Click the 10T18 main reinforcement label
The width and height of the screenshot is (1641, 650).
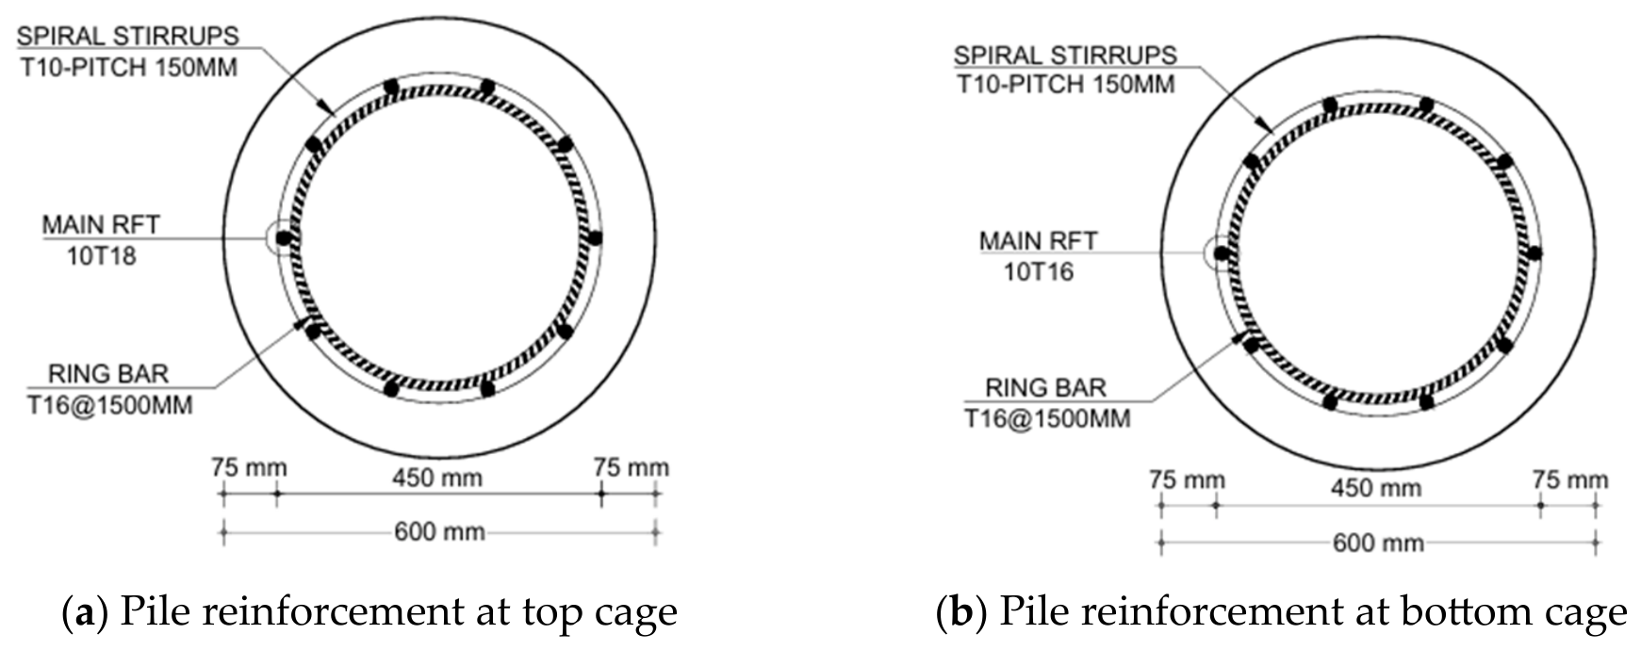[x=101, y=255]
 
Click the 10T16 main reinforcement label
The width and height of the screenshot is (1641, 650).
[x=1038, y=271]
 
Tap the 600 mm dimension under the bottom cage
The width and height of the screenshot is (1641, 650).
[x=1377, y=544]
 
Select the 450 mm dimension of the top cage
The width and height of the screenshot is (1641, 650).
[x=437, y=478]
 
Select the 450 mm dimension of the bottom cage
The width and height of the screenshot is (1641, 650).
[x=1375, y=489]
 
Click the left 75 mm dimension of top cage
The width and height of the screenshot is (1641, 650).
[x=249, y=468]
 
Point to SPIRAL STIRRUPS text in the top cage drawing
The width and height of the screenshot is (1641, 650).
[x=128, y=36]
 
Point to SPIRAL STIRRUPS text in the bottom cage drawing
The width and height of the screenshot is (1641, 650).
[x=1065, y=55]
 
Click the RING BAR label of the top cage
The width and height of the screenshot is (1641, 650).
[x=108, y=374]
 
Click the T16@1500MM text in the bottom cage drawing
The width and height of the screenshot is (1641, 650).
[x=1047, y=417]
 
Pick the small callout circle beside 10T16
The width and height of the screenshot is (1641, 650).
[x=1218, y=252]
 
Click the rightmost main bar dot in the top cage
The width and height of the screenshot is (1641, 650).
[x=594, y=237]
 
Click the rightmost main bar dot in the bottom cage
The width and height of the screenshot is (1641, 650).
[x=1534, y=252]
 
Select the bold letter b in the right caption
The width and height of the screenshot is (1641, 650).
[x=961, y=611]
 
